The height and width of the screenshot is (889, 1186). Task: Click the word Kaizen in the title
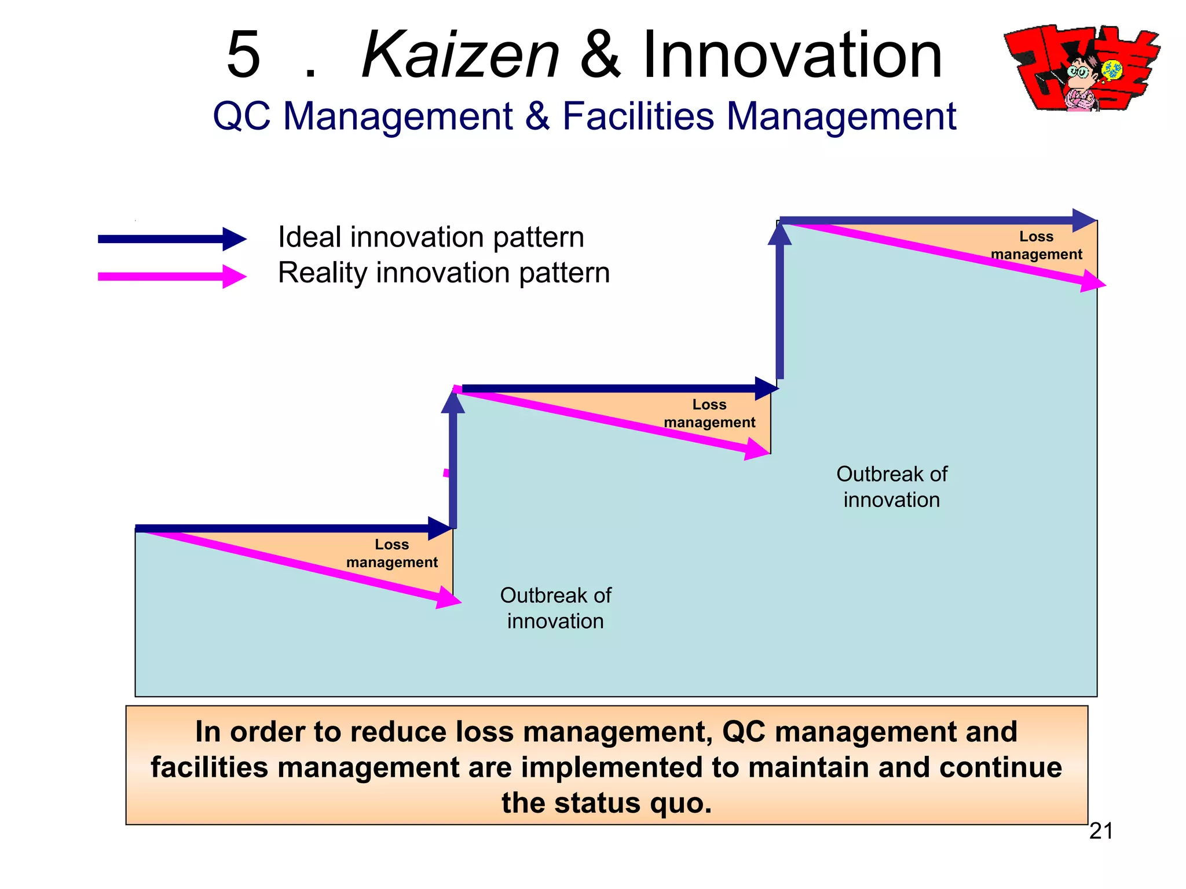460,55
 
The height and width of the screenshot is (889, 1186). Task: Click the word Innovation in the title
792,55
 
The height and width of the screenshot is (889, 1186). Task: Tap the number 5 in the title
243,55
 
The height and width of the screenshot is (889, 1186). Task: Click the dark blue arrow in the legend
172,239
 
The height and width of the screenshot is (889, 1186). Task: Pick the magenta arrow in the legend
172,277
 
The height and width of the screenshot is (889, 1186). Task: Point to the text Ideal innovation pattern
431,237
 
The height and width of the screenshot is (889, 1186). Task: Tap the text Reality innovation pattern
444,273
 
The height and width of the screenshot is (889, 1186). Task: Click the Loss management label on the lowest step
392,553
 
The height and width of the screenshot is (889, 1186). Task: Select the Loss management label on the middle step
709,413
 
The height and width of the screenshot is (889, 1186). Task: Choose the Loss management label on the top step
1036,245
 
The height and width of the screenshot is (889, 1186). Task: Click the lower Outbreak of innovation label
555,608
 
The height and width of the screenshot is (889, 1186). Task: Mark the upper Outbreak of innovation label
892,487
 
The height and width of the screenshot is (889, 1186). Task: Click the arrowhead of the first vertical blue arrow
453,401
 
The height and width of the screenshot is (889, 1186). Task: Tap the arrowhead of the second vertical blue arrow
779,233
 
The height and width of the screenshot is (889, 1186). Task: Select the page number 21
1101,831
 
